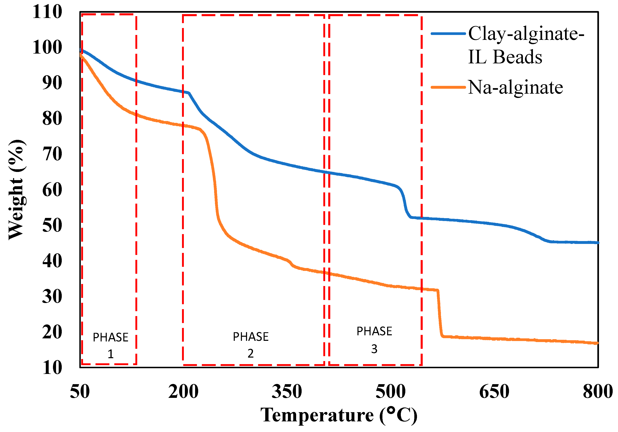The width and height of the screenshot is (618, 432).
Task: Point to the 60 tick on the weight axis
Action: (x=52, y=190)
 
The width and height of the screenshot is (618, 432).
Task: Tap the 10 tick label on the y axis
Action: (x=52, y=367)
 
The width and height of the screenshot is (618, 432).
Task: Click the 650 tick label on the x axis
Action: (x=494, y=392)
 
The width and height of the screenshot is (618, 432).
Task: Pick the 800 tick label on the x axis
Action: (x=598, y=392)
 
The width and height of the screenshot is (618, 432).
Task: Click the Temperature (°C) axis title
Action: (x=339, y=415)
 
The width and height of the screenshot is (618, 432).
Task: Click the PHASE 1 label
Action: (x=110, y=345)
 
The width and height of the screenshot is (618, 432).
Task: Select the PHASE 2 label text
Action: (x=251, y=345)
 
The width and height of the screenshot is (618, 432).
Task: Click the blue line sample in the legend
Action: (x=448, y=34)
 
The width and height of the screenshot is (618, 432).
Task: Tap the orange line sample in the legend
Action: (x=448, y=87)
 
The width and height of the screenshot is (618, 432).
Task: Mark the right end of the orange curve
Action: (x=597, y=343)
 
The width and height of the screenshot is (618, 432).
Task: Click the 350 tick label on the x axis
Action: (x=287, y=392)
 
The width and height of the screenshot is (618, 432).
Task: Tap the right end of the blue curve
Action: (x=597, y=242)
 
